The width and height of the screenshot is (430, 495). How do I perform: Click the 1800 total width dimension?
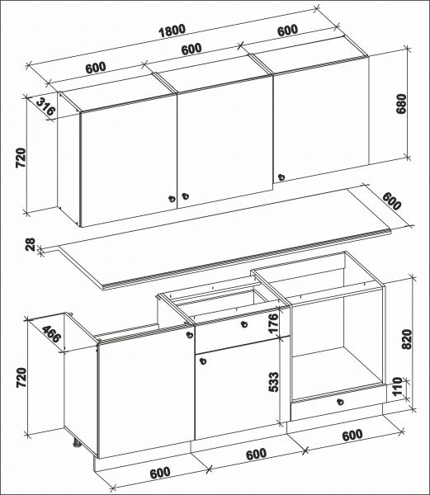(172, 31)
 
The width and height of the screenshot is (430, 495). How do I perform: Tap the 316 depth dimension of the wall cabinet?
(45, 106)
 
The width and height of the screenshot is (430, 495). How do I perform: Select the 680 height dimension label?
(401, 104)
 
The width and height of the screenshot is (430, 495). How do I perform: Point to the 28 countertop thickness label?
(31, 244)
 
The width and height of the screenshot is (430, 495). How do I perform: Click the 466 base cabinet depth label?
(51, 333)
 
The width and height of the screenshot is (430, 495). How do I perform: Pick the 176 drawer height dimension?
(273, 322)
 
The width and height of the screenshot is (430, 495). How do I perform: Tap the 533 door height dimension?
(273, 382)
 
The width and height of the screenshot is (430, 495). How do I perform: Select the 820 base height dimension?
(407, 339)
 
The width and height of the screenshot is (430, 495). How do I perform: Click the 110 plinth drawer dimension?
(397, 386)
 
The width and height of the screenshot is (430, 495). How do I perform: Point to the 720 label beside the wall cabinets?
(21, 158)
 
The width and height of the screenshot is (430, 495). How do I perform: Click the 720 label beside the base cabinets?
(21, 377)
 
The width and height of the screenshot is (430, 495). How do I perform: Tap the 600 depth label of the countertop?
(391, 200)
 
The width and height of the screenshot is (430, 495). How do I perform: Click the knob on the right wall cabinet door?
(281, 177)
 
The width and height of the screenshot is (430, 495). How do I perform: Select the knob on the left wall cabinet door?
(172, 199)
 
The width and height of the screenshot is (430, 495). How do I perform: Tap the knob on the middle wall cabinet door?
(186, 196)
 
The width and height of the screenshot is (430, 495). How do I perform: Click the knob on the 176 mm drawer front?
(243, 324)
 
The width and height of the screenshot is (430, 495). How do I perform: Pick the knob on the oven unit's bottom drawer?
(340, 402)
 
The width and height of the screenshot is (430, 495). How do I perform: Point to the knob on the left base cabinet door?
(190, 335)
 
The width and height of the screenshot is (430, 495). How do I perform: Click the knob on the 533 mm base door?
(203, 361)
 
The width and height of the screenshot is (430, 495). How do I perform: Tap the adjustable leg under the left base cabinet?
(78, 442)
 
